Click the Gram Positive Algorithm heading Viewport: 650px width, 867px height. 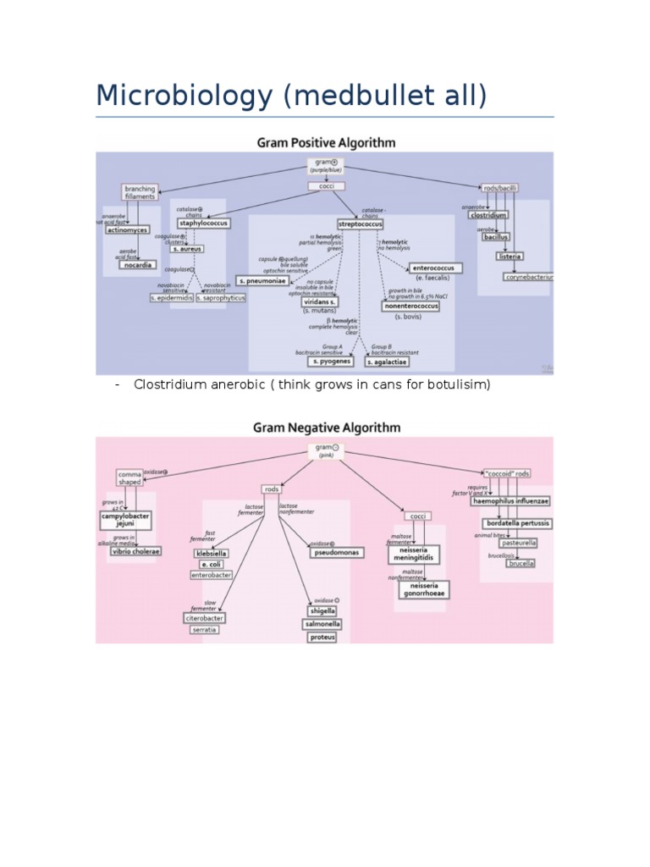pyautogui.click(x=326, y=142)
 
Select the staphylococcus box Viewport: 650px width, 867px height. pyautogui.click(x=202, y=224)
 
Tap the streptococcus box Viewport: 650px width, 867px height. pyautogui.click(x=360, y=224)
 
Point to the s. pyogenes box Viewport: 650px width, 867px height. pyautogui.click(x=329, y=362)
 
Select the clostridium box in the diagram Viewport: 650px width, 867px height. pyautogui.click(x=489, y=215)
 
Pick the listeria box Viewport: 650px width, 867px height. pyautogui.click(x=510, y=256)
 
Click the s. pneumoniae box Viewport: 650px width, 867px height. pyautogui.click(x=262, y=280)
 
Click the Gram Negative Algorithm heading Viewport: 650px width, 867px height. pyautogui.click(x=326, y=428)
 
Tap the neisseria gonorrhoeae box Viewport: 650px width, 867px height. pyautogui.click(x=423, y=589)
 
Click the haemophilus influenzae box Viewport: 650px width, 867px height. pyautogui.click(x=510, y=500)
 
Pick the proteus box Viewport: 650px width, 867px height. pyautogui.click(x=322, y=638)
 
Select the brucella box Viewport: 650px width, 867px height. pyautogui.click(x=521, y=563)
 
